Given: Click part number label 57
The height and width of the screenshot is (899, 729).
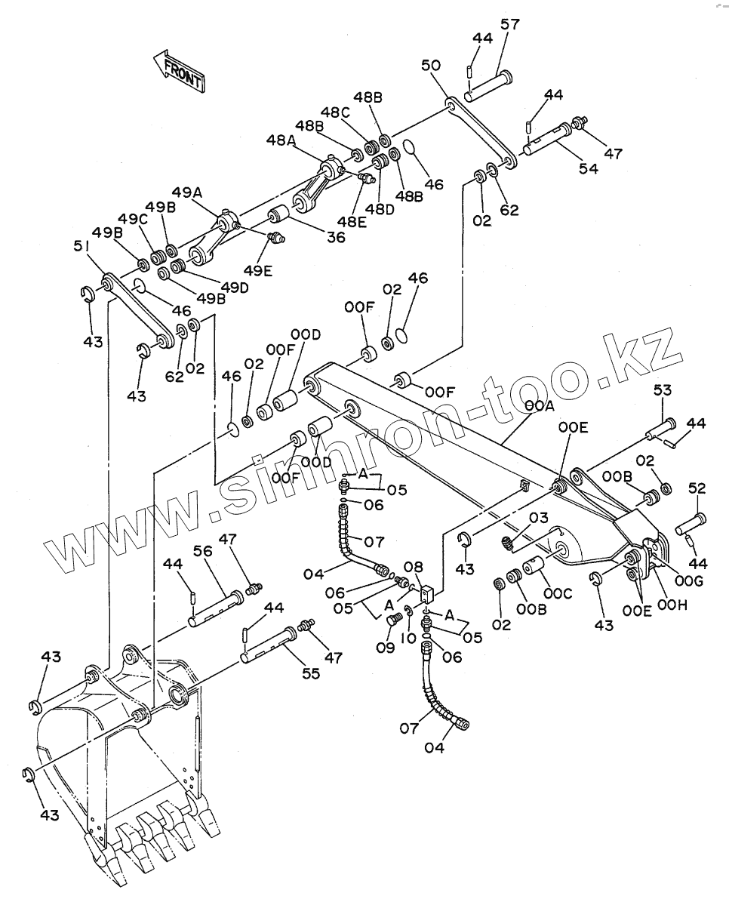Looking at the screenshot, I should pos(509,25).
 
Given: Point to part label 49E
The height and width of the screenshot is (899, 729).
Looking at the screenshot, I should pos(259,269).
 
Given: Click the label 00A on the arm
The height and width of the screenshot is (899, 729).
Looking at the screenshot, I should pos(540,406).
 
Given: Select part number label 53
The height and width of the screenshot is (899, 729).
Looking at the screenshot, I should pos(661,390).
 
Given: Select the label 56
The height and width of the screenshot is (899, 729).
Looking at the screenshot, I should pos(204,552).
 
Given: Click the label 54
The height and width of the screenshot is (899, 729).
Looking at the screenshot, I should pos(588,168).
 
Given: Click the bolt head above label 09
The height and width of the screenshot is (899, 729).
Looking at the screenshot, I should pos(392,620).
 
